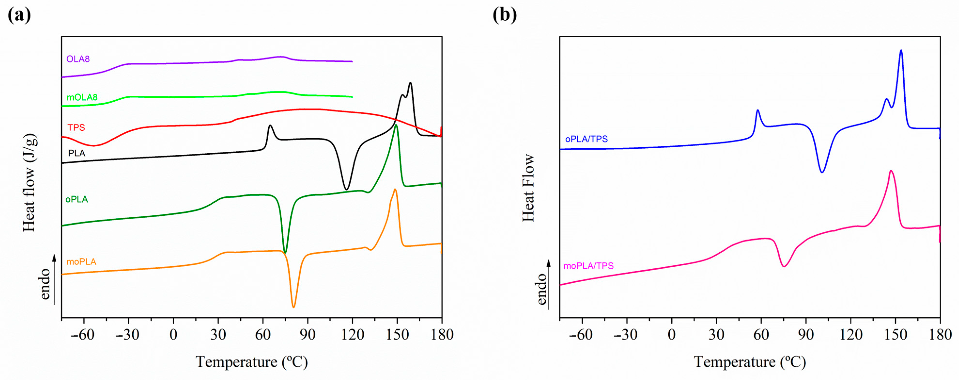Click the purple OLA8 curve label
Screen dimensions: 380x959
(x=78, y=59)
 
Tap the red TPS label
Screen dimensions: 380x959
(x=76, y=127)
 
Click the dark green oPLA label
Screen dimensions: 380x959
(x=77, y=199)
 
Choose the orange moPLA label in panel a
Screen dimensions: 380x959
(x=81, y=261)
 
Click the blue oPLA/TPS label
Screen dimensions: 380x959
(x=586, y=139)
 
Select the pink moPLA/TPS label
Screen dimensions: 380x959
(x=588, y=266)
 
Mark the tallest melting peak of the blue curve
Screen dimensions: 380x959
(x=901, y=51)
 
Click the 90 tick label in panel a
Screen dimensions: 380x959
(x=308, y=334)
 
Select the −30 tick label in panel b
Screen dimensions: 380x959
(x=626, y=334)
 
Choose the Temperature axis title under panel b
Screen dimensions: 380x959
(x=750, y=362)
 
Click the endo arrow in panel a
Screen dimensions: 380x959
(x=54, y=279)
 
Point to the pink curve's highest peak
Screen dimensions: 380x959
(x=891, y=171)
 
